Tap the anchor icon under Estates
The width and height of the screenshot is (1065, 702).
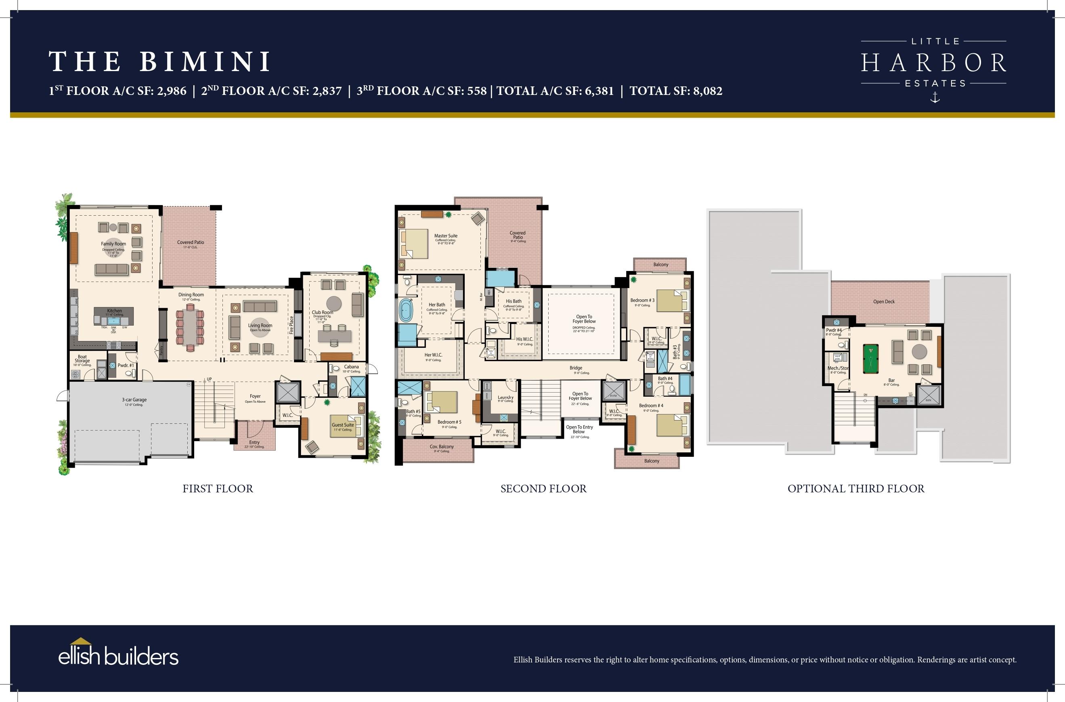(x=935, y=97)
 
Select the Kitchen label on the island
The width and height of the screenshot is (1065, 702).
(x=114, y=311)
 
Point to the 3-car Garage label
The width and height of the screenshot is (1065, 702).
(x=134, y=400)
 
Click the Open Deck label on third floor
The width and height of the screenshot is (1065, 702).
(x=884, y=302)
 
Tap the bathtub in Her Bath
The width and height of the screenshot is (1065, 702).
(x=406, y=310)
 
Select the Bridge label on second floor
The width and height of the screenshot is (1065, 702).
(x=576, y=368)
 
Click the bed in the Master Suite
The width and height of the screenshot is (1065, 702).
(x=414, y=244)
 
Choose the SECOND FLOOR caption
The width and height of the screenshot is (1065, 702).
(x=543, y=489)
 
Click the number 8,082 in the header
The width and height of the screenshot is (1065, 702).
(x=707, y=91)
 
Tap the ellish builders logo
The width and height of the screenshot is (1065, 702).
(x=118, y=656)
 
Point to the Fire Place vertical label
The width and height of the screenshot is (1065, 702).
(x=291, y=325)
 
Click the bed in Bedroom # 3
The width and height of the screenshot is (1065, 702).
(x=671, y=301)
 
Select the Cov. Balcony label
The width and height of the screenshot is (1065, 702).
(x=442, y=446)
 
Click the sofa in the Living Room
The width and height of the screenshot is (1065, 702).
(x=260, y=306)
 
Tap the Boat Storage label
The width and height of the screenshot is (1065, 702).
(x=82, y=359)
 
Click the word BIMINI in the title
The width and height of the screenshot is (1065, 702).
(x=205, y=61)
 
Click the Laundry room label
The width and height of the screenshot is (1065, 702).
(x=505, y=397)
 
